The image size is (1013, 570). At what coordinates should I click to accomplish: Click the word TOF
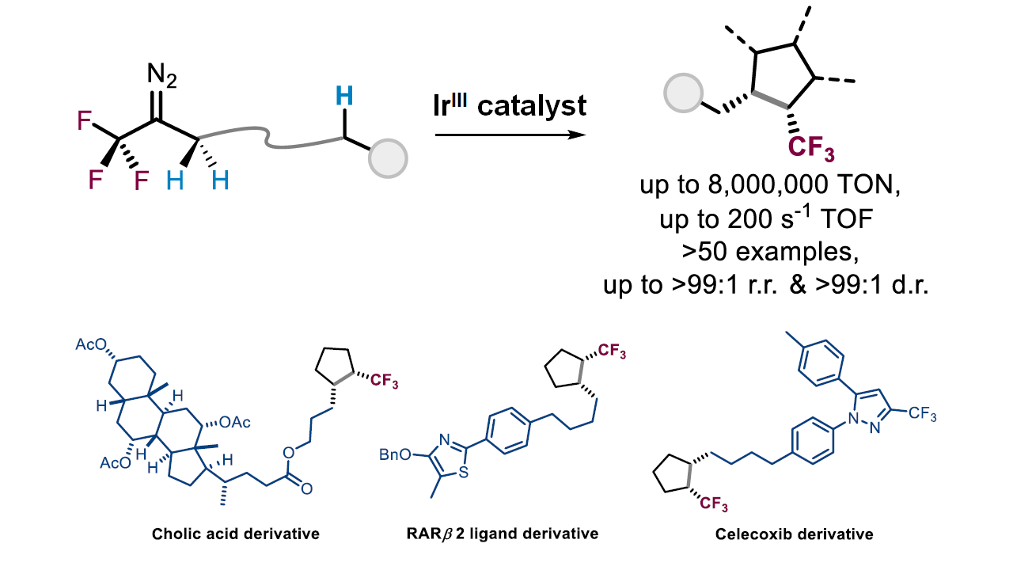tap(848, 220)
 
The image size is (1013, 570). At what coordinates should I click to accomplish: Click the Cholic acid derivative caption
tap(236, 534)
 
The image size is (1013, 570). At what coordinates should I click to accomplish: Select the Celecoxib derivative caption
tap(795, 534)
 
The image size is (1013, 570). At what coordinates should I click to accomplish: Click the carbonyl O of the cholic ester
tap(305, 488)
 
